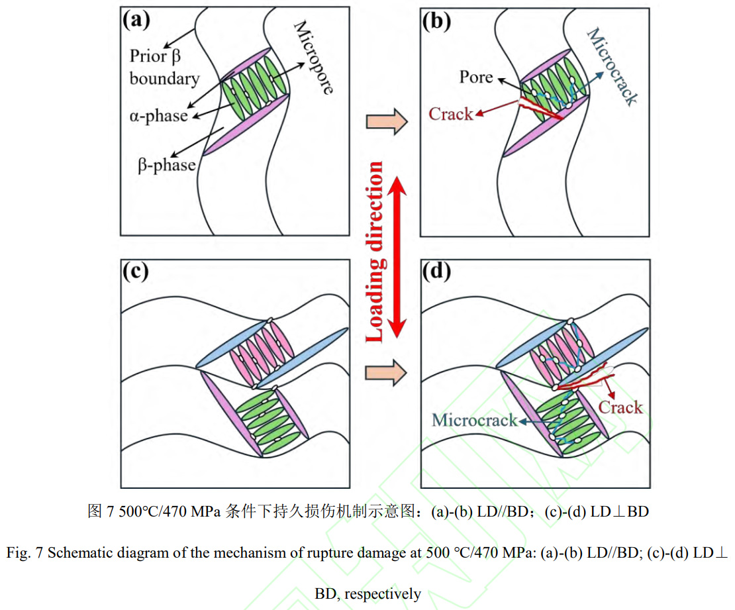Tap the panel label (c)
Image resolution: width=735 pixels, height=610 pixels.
point(137,272)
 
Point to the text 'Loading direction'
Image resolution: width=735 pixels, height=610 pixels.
point(375,252)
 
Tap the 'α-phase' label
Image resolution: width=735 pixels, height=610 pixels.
point(159,116)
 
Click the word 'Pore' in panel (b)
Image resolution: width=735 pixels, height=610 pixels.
point(476,77)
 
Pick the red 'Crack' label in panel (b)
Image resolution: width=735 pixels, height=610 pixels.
point(451,114)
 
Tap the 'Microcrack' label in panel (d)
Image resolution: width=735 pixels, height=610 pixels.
point(474,420)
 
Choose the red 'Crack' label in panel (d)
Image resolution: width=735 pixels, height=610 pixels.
point(620,407)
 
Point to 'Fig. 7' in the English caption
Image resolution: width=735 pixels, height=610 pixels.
point(24,554)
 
